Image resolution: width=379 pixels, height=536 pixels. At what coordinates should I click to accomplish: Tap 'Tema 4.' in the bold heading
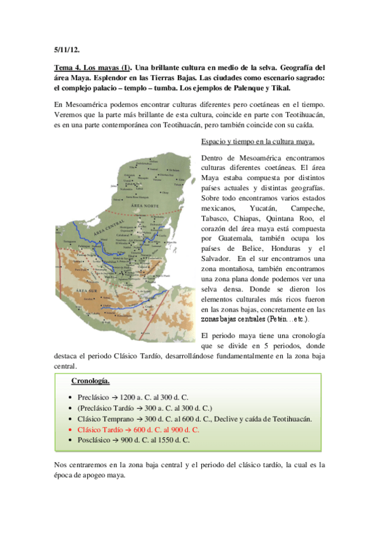(x=70, y=67)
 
